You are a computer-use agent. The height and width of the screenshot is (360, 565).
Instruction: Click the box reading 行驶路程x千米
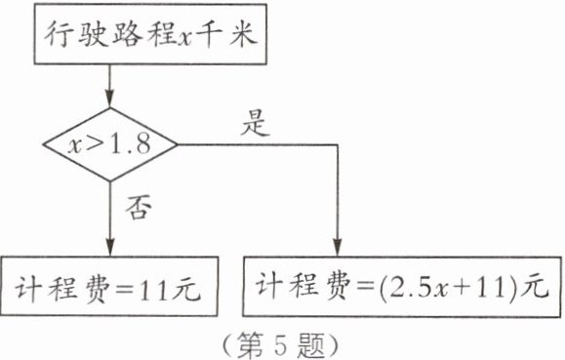[x=150, y=34]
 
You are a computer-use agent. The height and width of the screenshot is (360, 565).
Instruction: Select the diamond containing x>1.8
[x=110, y=144]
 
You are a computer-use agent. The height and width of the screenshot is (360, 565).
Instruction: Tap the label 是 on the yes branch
[x=255, y=123]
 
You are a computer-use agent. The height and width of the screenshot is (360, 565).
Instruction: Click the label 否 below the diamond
[x=139, y=207]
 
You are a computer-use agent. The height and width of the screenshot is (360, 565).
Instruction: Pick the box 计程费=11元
[x=109, y=287]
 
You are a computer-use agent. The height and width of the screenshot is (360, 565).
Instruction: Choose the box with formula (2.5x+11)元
[x=402, y=287]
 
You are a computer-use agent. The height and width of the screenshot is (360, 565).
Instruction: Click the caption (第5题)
[x=280, y=344]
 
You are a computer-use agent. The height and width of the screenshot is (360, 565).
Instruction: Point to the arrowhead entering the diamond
[x=110, y=100]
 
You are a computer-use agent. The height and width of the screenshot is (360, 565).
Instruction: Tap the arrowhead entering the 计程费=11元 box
[x=110, y=247]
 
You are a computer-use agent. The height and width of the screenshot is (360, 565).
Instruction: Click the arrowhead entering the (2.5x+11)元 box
[x=338, y=247]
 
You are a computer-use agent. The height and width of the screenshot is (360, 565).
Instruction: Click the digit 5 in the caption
[x=281, y=344]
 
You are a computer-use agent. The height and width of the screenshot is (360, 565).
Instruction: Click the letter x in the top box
[x=186, y=38]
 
